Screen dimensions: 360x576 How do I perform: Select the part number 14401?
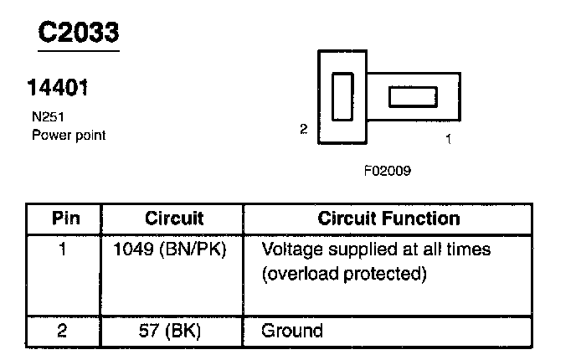59,87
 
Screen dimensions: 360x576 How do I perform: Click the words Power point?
69,134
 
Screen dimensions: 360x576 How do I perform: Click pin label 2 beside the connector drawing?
304,129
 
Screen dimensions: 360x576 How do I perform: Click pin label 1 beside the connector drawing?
448,140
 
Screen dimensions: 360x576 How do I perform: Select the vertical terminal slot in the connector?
343,97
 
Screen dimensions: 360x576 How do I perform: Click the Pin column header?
66,219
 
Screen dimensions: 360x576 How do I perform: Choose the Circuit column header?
174,219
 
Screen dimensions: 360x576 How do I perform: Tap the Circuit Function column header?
388,219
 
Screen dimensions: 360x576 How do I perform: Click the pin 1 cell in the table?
64,249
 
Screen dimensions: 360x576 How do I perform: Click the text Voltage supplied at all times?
376,249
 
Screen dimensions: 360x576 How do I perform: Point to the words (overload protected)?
344,274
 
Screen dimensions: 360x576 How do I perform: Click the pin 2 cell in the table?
64,330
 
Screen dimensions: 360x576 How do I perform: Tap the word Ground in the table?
292,330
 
